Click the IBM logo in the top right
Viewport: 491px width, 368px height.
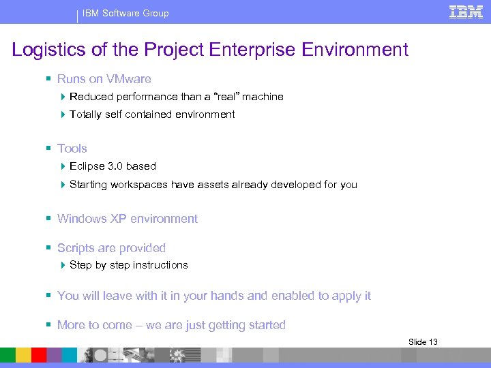[466, 12]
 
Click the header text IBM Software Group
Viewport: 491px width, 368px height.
[125, 13]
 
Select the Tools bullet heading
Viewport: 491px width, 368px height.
[72, 149]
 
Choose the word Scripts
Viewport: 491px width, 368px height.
[76, 248]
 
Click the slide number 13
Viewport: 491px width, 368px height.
[432, 341]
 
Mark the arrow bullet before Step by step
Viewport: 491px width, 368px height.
[63, 265]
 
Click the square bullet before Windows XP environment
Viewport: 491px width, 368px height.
[49, 219]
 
